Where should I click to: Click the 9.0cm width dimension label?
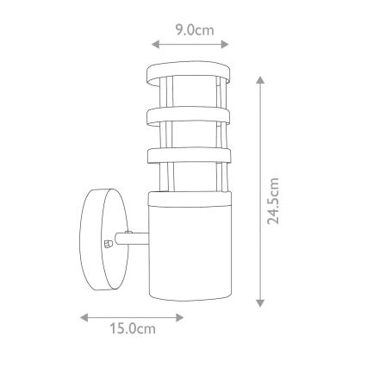(189, 29)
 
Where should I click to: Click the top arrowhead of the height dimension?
(260, 79)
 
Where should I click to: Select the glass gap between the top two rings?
(189, 94)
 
